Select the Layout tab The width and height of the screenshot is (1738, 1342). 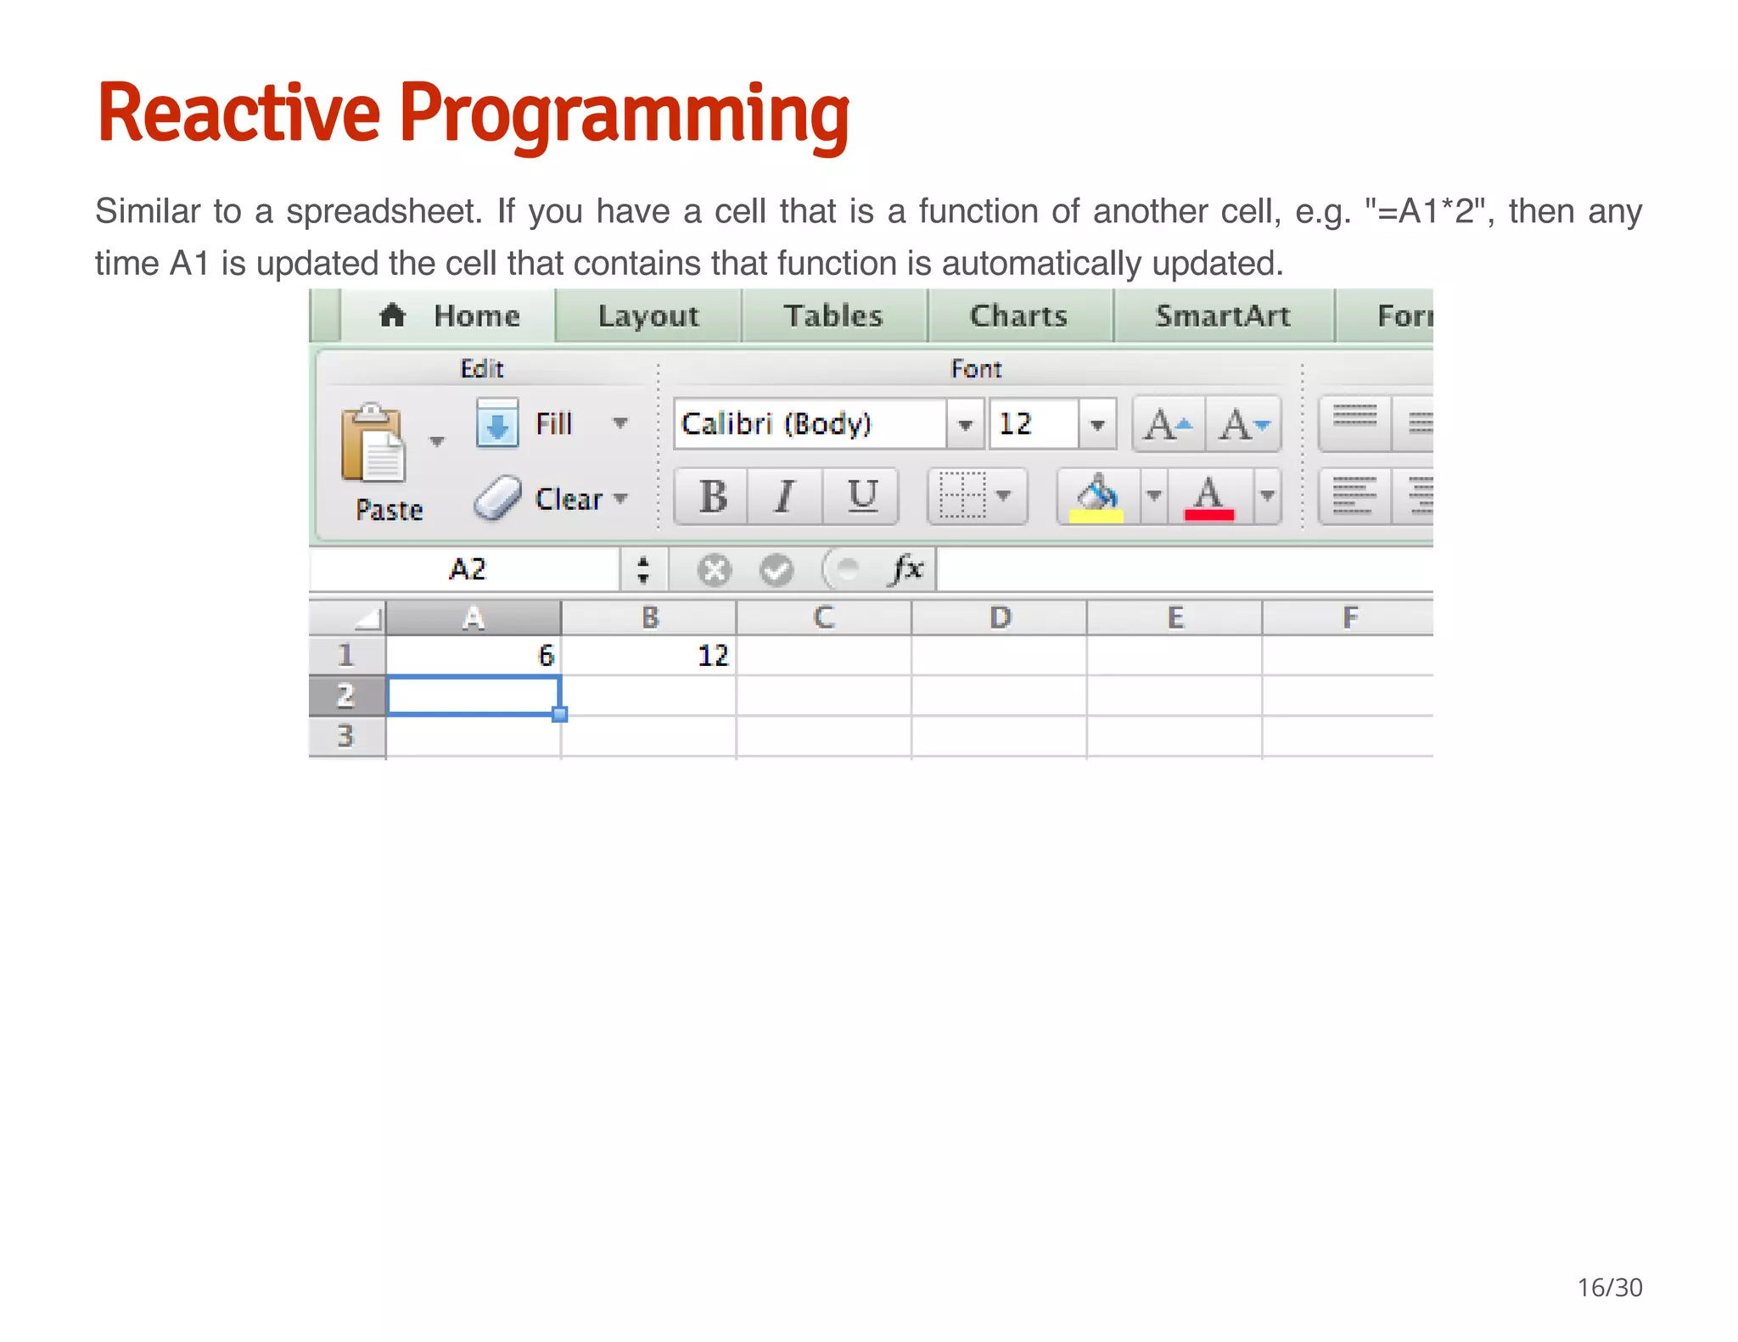coord(648,316)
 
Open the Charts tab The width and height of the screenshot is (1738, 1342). coord(1018,316)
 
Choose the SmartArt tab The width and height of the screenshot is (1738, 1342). coord(1222,316)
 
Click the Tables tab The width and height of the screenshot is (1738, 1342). coord(833,316)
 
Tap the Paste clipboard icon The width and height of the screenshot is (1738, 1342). coord(373,444)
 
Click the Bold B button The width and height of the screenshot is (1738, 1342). coord(712,496)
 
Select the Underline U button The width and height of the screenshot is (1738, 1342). coord(862,496)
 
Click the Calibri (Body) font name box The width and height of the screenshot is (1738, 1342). coord(810,423)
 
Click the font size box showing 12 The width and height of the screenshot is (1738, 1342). coord(1033,423)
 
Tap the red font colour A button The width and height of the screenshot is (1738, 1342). coord(1208,497)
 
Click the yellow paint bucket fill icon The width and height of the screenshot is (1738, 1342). coord(1096,497)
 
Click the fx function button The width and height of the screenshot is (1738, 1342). coord(906,568)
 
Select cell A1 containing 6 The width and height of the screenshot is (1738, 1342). coord(474,655)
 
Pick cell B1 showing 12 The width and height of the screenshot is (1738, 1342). coord(648,655)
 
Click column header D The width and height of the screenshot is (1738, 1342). coord(1000,617)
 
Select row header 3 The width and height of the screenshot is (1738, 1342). coord(346,735)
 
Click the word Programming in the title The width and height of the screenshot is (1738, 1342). coord(624,115)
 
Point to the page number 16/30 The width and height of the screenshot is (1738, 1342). coord(1609,1287)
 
